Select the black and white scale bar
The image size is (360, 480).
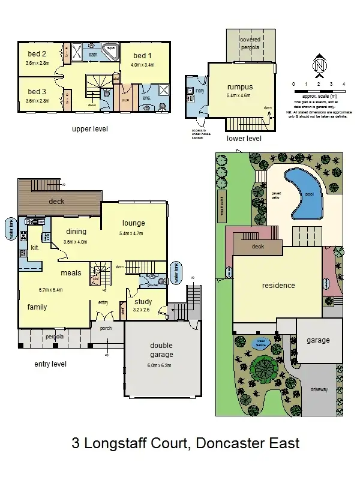(x=318, y=91)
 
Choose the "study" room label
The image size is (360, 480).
(x=143, y=302)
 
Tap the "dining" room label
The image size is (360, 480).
(x=76, y=232)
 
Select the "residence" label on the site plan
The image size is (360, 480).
(x=278, y=286)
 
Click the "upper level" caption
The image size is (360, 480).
(x=90, y=129)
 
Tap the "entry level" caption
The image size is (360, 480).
(x=50, y=364)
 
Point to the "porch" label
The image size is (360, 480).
(x=106, y=328)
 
